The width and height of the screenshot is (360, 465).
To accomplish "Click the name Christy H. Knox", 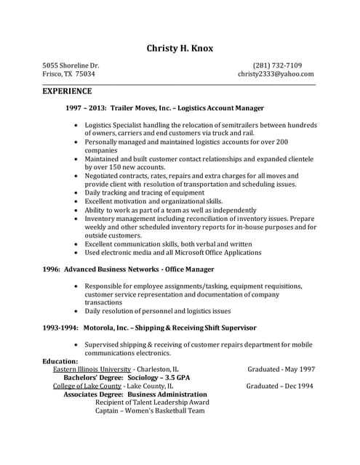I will tap(180, 48).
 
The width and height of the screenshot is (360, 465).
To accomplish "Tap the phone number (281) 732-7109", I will tap(282, 65).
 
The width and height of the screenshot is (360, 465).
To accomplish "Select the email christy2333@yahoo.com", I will tap(276, 74).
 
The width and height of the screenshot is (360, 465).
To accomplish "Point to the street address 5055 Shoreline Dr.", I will tap(71, 65).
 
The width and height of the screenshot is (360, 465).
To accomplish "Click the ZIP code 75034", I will tap(86, 74).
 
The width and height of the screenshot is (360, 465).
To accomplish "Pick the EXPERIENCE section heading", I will tap(67, 92).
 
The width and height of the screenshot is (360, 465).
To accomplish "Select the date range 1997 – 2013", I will tap(86, 108).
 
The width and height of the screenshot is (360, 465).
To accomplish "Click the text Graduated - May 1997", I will tap(281, 369).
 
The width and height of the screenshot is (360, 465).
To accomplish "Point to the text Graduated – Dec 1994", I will tap(280, 386).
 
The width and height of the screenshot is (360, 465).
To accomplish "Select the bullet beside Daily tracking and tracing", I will tap(78, 193).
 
